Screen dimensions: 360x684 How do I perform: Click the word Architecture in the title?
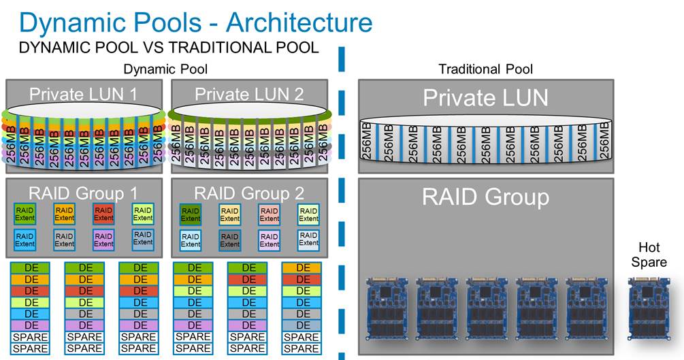(299, 22)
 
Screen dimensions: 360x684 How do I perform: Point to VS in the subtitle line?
(148, 48)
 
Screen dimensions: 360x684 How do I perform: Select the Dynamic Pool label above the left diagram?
(165, 69)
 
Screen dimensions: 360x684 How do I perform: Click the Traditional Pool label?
(485, 69)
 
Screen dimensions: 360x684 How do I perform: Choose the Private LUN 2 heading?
(249, 94)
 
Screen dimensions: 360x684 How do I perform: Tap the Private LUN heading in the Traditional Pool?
(485, 98)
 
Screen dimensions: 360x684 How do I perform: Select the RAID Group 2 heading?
(249, 193)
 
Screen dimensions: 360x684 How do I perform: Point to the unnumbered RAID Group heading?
(485, 197)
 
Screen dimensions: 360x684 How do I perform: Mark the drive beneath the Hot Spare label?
(649, 308)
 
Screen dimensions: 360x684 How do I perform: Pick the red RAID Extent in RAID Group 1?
(103, 214)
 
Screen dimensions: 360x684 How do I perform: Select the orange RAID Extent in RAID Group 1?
(64, 214)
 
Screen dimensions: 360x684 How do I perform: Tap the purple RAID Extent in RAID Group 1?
(103, 239)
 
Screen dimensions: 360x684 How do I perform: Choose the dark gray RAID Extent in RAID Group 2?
(230, 239)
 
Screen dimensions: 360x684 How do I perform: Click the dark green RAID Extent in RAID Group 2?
(191, 214)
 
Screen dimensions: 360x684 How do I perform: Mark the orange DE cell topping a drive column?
(302, 267)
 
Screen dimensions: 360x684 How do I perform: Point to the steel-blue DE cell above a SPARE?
(302, 325)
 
